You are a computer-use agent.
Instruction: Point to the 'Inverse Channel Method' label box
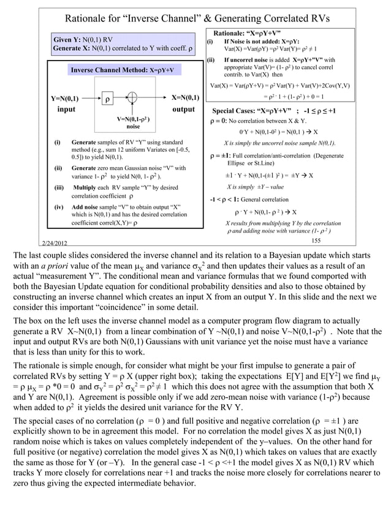(x=123, y=70)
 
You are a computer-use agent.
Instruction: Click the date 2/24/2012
(x=57, y=244)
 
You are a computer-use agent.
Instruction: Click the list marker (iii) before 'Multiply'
(x=59, y=187)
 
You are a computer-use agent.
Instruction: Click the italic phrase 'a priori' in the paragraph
(x=61, y=265)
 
